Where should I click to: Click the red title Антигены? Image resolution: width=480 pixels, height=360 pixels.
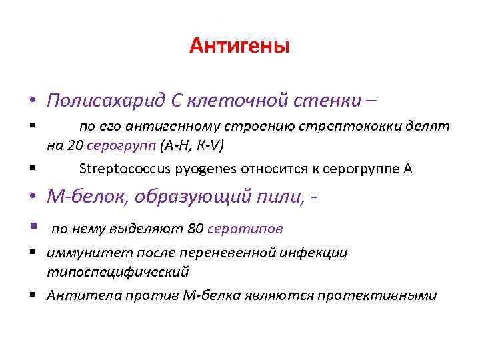coord(239,46)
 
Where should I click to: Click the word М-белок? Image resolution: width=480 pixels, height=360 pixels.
coord(81,198)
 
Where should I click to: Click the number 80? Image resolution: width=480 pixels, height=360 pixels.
coord(195,229)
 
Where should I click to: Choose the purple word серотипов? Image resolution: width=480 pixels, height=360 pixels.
coord(245,229)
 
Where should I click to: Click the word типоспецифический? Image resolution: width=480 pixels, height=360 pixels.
coord(117,272)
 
